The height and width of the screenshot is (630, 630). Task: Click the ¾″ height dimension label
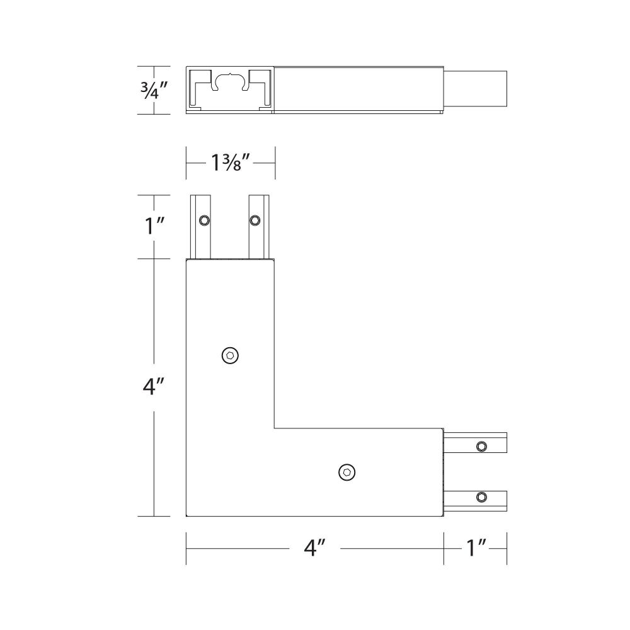[x=154, y=90]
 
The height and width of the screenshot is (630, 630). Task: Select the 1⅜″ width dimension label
[x=231, y=163]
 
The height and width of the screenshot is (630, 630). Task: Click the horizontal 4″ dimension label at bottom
[x=314, y=547]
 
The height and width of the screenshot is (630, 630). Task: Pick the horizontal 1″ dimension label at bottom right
[x=476, y=548]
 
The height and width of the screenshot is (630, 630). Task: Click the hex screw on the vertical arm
[x=230, y=355]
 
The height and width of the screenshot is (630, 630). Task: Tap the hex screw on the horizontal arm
[x=346, y=472]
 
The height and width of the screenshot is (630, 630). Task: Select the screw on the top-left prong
[x=205, y=220]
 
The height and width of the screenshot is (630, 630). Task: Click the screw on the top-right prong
[x=255, y=220]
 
